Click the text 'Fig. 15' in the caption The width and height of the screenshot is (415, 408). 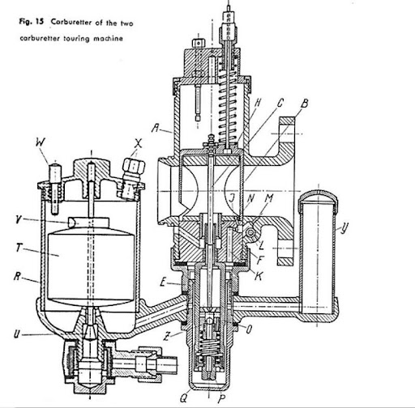coord(31,22)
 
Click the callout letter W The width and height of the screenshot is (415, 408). coord(40,142)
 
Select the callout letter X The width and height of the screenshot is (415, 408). coord(138,143)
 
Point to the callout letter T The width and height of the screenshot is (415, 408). coord(19,247)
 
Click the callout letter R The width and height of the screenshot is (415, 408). coord(17,276)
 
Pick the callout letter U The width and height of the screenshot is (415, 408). coord(17,334)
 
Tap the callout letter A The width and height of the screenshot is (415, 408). coord(155,128)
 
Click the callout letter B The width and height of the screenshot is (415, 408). coord(305,104)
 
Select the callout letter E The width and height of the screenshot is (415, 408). coord(163,283)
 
